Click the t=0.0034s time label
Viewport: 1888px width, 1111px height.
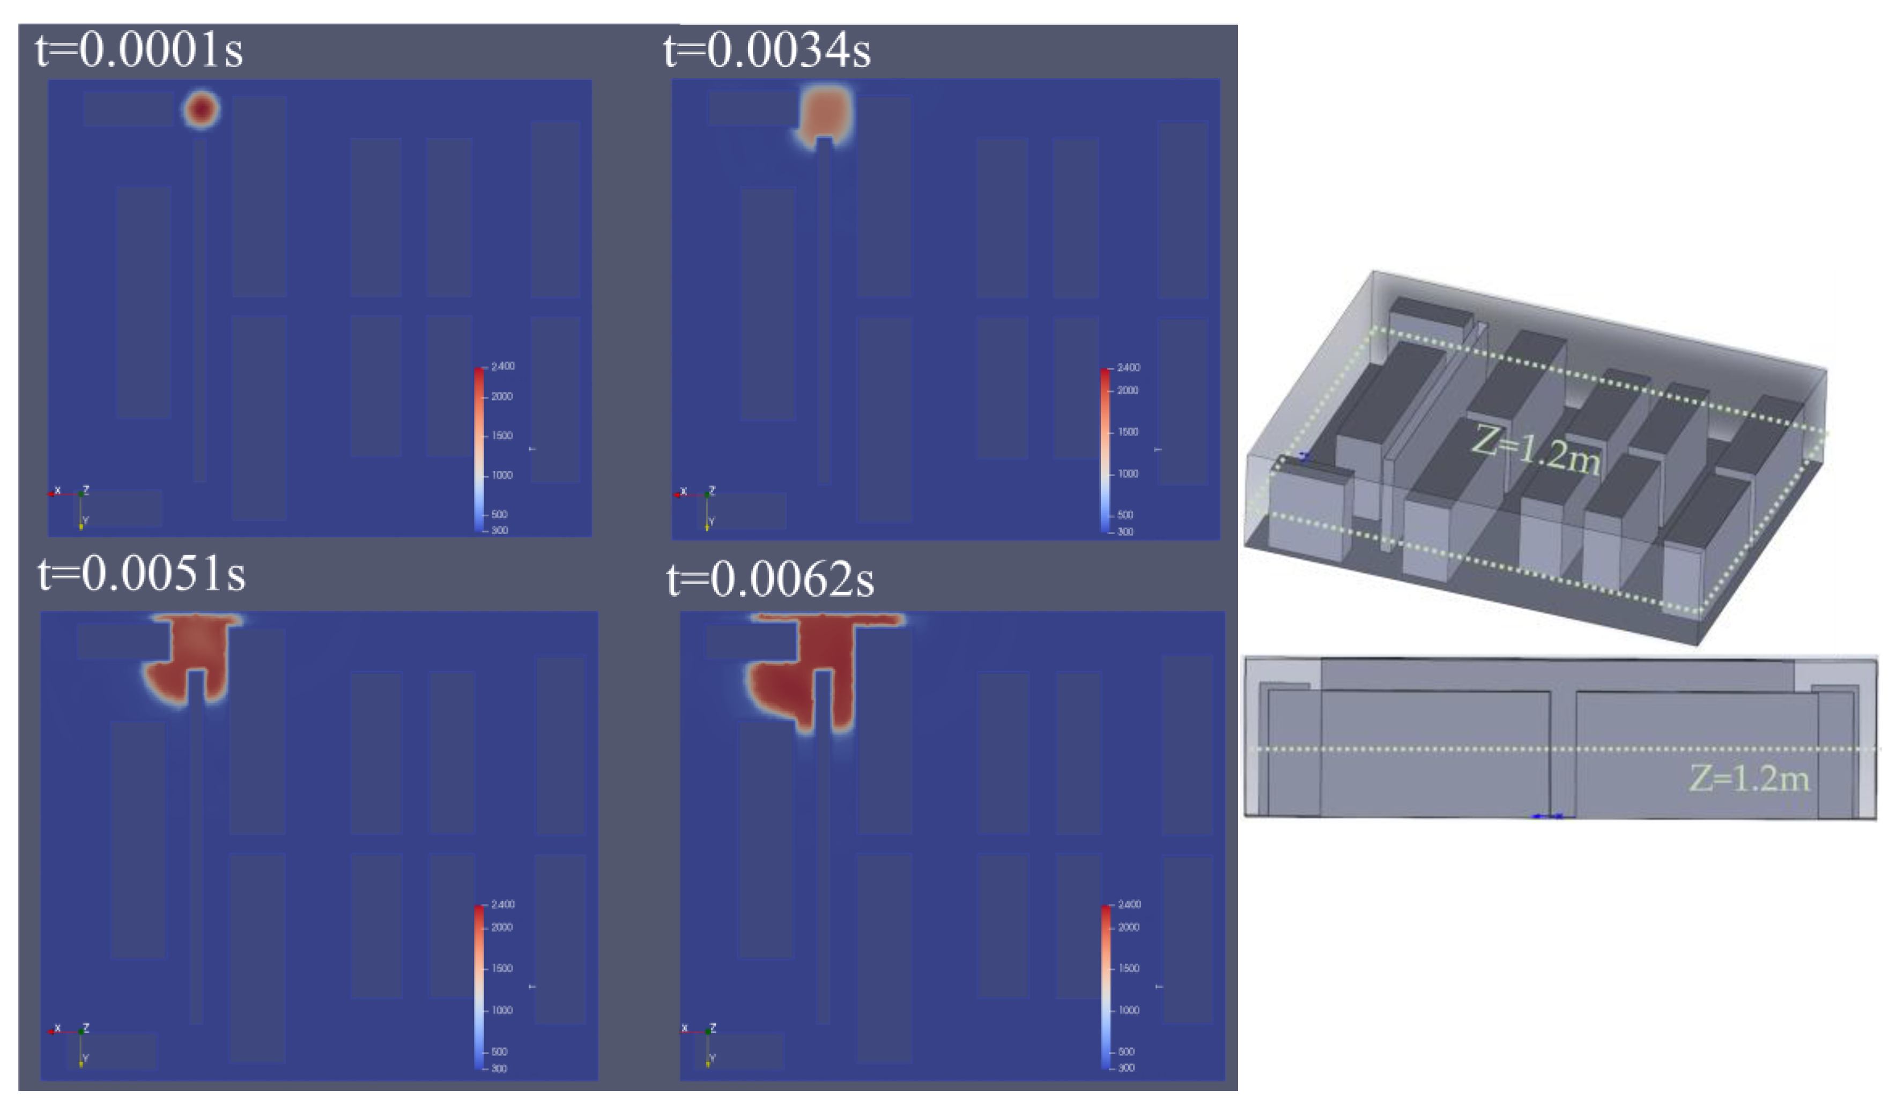pyautogui.click(x=767, y=51)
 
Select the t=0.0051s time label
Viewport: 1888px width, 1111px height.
pyautogui.click(x=142, y=575)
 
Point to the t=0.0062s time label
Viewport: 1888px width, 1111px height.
pyautogui.click(x=770, y=580)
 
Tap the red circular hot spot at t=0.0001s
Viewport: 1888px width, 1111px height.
pyautogui.click(x=201, y=109)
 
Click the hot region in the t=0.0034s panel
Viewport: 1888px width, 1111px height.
pyautogui.click(x=826, y=113)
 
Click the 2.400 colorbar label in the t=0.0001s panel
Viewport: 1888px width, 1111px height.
pyautogui.click(x=503, y=366)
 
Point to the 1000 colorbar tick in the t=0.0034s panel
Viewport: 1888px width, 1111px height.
pyautogui.click(x=1128, y=473)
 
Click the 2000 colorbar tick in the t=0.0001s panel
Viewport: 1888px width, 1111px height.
pyautogui.click(x=502, y=396)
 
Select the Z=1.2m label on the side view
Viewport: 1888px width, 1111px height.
pyautogui.click(x=1750, y=779)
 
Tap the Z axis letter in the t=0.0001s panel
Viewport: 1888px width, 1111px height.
pyautogui.click(x=86, y=490)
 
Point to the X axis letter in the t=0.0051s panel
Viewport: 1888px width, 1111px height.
pyautogui.click(x=58, y=1028)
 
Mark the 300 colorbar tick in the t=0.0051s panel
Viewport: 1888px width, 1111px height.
pyautogui.click(x=499, y=1068)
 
